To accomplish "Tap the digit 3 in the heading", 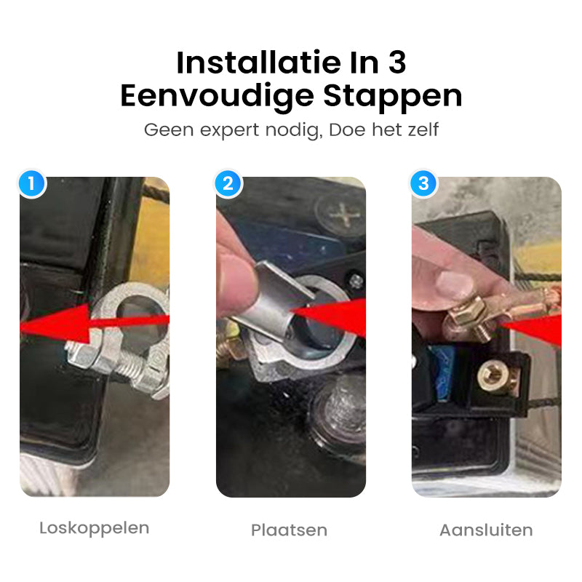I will click(x=396, y=63).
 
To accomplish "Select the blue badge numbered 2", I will click(x=228, y=184).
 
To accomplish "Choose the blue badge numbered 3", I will click(x=424, y=184).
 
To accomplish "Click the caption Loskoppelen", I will click(x=95, y=528).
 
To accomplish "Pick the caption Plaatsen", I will click(x=290, y=530).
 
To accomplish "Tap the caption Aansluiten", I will click(x=486, y=530).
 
